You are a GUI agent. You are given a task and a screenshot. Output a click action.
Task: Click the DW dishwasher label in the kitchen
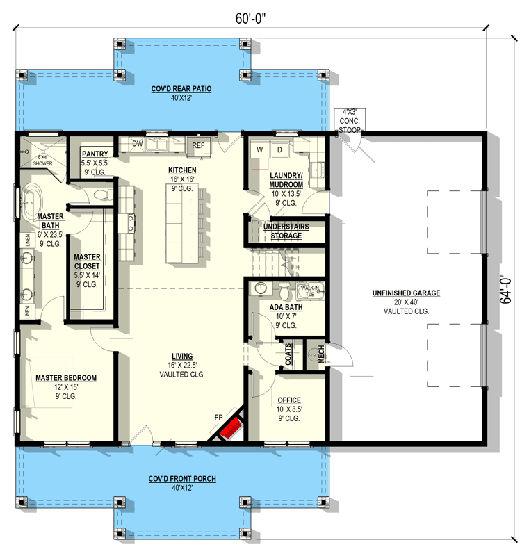pos(137,144)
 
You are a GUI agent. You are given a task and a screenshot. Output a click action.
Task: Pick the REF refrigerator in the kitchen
pos(199,145)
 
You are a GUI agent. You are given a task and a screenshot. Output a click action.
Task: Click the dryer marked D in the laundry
pos(280,150)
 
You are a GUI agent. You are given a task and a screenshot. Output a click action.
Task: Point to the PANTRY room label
pos(93,154)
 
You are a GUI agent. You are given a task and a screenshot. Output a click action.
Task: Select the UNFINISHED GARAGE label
pos(406,293)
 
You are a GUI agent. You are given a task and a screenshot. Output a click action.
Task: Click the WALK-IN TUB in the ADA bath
pos(309,290)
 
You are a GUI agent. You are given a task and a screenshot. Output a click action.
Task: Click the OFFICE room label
pos(288,400)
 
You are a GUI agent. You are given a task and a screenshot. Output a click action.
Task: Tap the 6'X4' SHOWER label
pos(42,160)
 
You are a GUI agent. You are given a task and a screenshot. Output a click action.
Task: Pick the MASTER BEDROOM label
pos(66,378)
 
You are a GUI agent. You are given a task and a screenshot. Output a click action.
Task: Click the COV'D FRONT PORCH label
pos(172,480)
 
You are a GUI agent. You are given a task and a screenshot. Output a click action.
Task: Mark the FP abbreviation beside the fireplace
pos(218,417)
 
